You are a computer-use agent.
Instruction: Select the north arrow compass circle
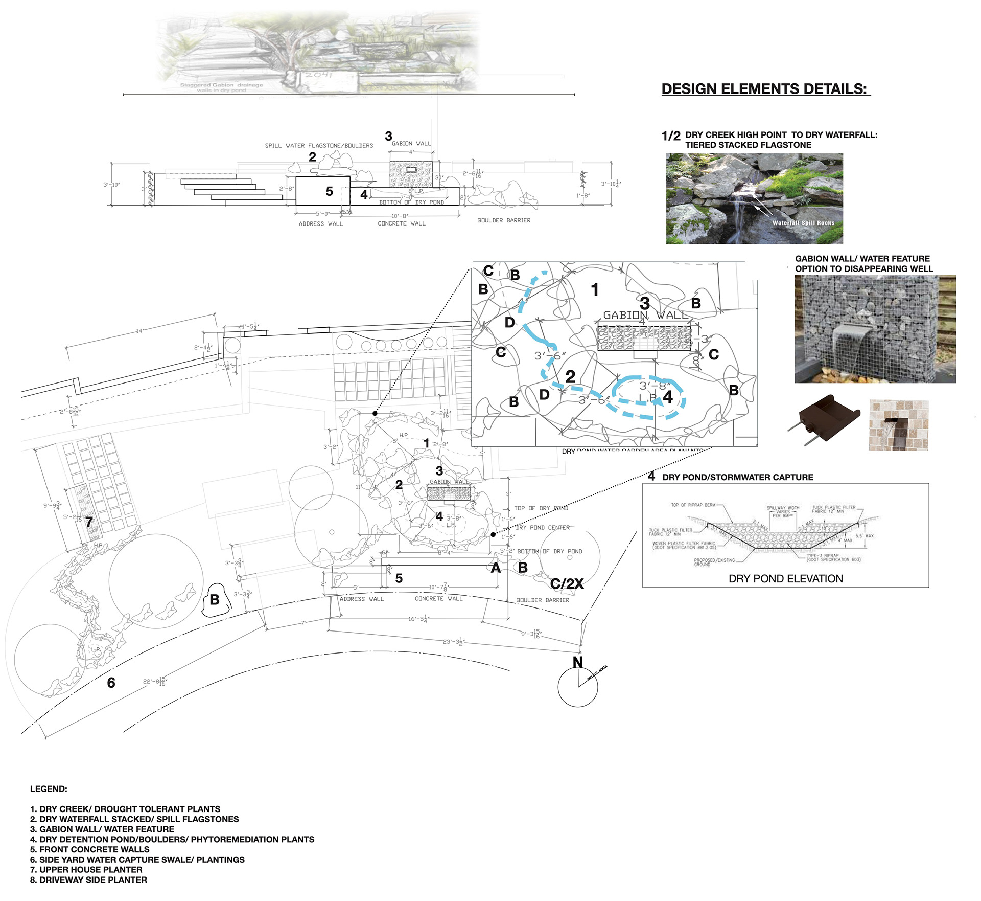pos(578,687)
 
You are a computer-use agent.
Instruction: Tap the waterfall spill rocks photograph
pos(754,199)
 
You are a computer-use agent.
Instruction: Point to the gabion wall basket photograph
pos(875,329)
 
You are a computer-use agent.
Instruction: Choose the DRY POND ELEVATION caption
pos(785,579)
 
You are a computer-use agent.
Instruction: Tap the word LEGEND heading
pos(49,789)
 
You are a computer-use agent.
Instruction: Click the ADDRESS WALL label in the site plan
pos(362,599)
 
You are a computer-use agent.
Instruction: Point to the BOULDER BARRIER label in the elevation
pos(504,220)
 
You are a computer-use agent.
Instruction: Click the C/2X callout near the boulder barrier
pos(567,583)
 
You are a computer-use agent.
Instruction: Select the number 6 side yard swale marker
pos(111,683)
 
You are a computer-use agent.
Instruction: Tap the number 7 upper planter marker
pos(89,522)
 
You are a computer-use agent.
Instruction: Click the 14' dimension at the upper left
pos(139,331)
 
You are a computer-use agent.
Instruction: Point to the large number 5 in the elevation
pos(329,191)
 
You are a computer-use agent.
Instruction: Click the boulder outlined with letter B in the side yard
pos(215,600)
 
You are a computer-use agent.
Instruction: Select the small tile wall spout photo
pos(898,425)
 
